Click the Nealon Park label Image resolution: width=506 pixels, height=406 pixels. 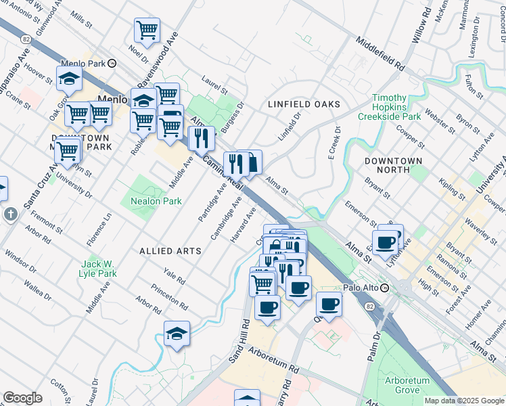point(152,201)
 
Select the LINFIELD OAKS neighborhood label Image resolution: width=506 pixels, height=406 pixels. point(304,104)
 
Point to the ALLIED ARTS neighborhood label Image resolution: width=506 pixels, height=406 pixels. point(170,251)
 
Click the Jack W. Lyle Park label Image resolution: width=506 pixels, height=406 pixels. point(99,269)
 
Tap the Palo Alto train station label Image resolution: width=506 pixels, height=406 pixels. point(360,288)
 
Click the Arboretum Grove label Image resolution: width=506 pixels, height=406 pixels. point(407,385)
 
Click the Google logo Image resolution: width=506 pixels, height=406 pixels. point(22,398)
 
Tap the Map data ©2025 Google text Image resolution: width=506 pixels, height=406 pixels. point(464,401)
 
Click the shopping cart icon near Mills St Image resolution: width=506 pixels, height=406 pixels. point(147,30)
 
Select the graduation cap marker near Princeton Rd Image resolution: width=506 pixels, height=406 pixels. point(177,334)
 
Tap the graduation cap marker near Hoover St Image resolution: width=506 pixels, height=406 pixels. point(69,79)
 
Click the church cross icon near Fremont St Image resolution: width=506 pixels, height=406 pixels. point(10,215)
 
